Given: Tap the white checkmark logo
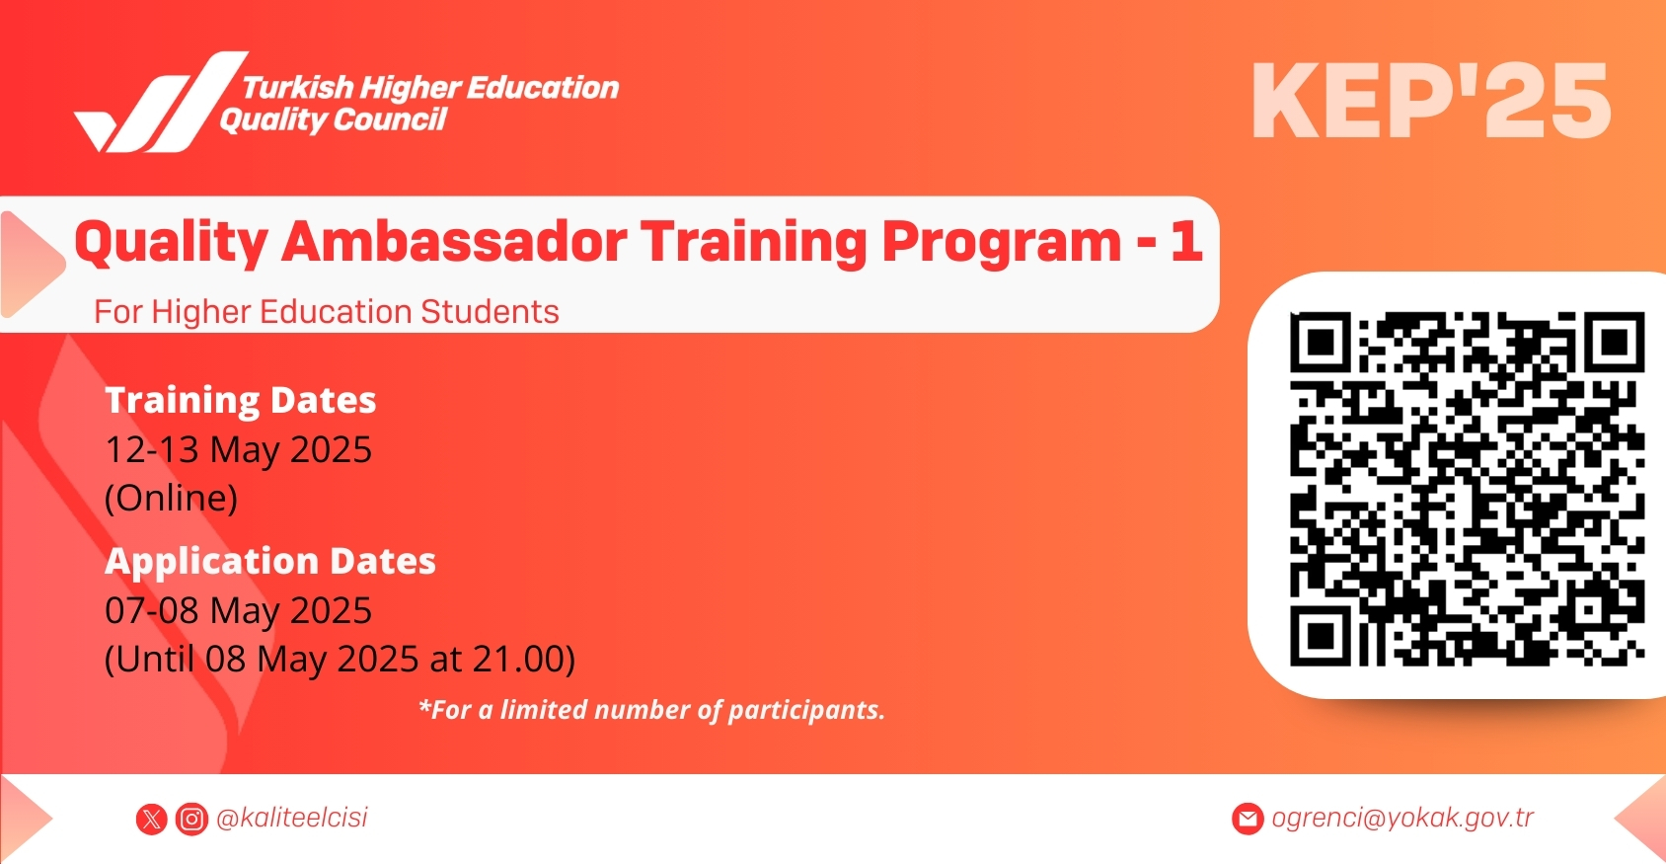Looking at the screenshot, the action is pyautogui.click(x=161, y=102).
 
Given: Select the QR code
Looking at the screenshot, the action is pyautogui.click(x=1467, y=488).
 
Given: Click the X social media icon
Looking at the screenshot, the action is pyautogui.click(x=152, y=820).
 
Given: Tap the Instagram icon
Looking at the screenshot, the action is pyautogui.click(x=191, y=820).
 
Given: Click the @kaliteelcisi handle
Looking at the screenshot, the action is pyautogui.click(x=291, y=818).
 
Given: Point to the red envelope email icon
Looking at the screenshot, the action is pyautogui.click(x=1248, y=819).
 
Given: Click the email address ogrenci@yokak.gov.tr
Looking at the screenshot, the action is pyautogui.click(x=1402, y=818).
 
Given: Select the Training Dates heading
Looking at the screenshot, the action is pyautogui.click(x=240, y=400).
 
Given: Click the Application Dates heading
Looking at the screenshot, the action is pyautogui.click(x=270, y=561).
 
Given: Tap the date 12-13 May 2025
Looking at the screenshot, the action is pyautogui.click(x=238, y=449).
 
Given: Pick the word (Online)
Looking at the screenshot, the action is pyautogui.click(x=171, y=498).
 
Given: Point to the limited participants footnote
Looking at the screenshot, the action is pyautogui.click(x=651, y=710).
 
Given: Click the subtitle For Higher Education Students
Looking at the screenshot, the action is pyautogui.click(x=327, y=311).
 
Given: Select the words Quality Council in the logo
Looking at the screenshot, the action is pyautogui.click(x=333, y=119).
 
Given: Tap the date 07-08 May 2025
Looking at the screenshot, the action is pyautogui.click(x=238, y=610).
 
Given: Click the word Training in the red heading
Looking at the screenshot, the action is pyautogui.click(x=754, y=243).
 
